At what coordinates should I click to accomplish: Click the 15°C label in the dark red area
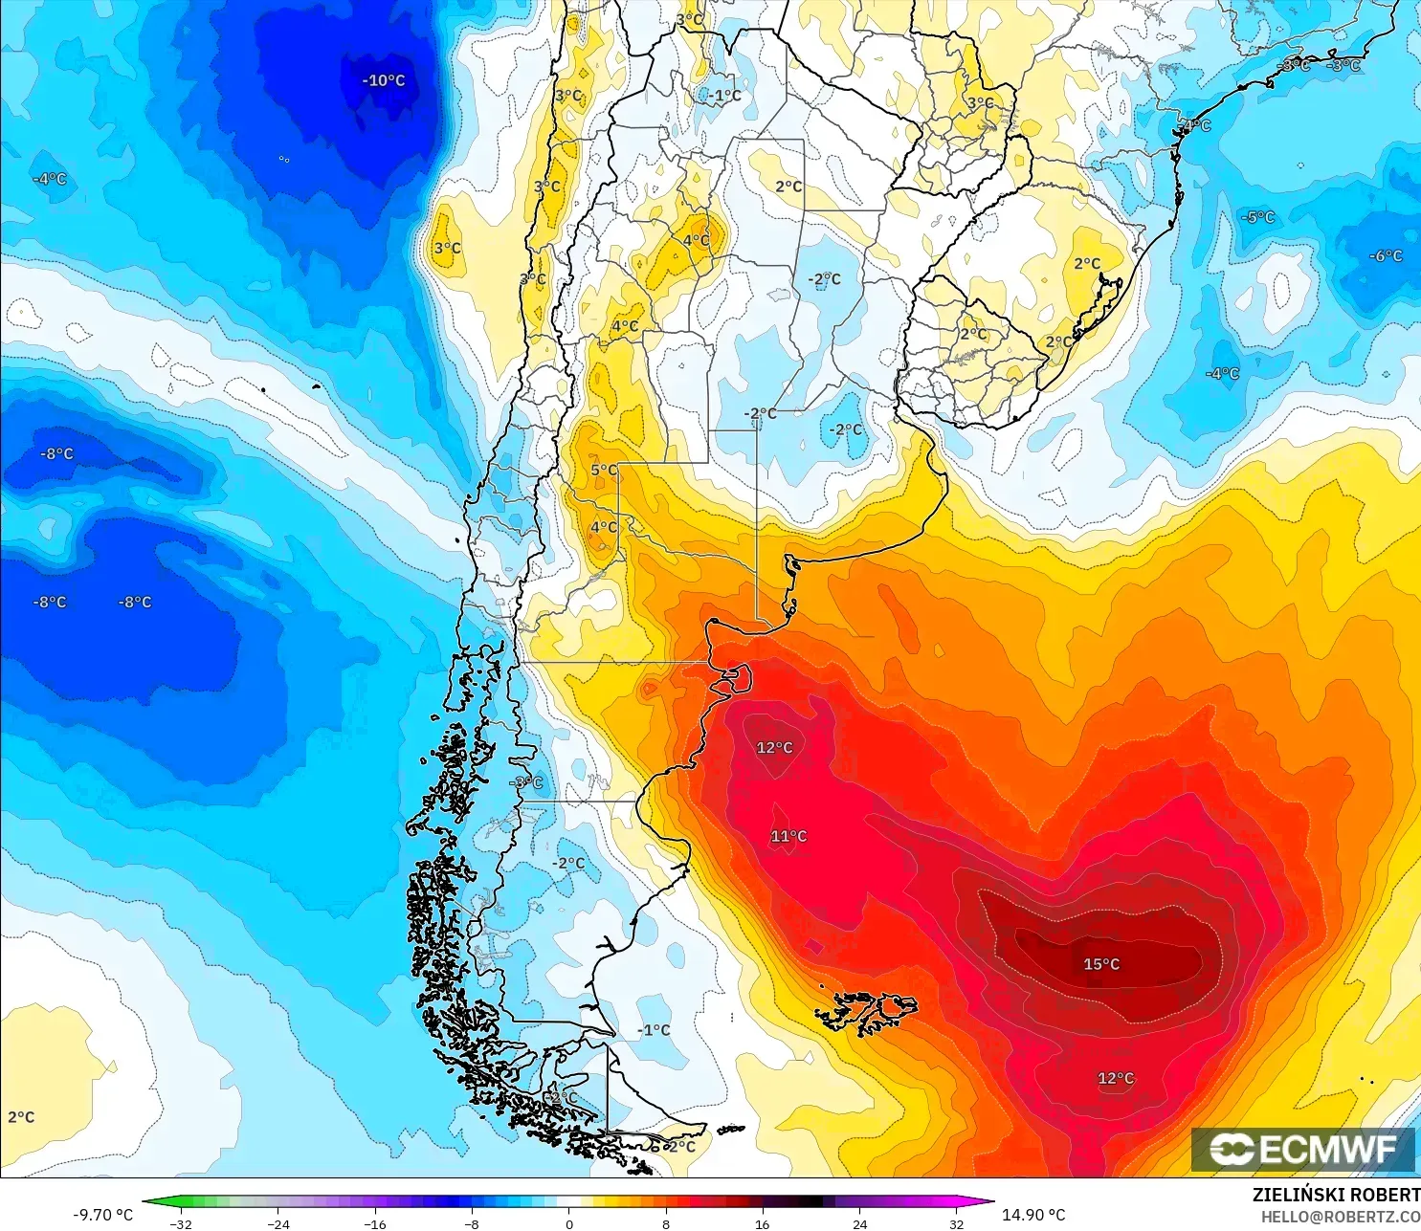click(1101, 964)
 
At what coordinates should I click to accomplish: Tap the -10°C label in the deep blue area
click(384, 80)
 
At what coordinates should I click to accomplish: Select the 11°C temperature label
click(788, 836)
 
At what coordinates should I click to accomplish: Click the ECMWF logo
click(1302, 1149)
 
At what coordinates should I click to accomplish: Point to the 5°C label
click(604, 470)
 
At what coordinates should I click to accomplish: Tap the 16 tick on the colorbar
click(762, 1223)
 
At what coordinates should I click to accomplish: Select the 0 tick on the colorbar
click(568, 1223)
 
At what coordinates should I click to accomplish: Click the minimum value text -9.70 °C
click(103, 1215)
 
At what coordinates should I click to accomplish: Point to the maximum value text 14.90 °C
click(1033, 1215)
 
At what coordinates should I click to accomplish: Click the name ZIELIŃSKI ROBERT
click(1336, 1195)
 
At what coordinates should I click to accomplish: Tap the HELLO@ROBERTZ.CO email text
click(1340, 1217)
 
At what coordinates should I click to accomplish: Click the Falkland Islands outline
click(866, 1012)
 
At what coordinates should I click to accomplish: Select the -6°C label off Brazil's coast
click(1386, 255)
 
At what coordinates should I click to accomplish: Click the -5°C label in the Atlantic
click(1258, 217)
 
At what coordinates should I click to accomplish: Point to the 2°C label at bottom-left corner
click(21, 1117)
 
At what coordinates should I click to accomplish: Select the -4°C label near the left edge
click(50, 179)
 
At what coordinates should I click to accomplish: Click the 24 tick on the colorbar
click(859, 1223)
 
